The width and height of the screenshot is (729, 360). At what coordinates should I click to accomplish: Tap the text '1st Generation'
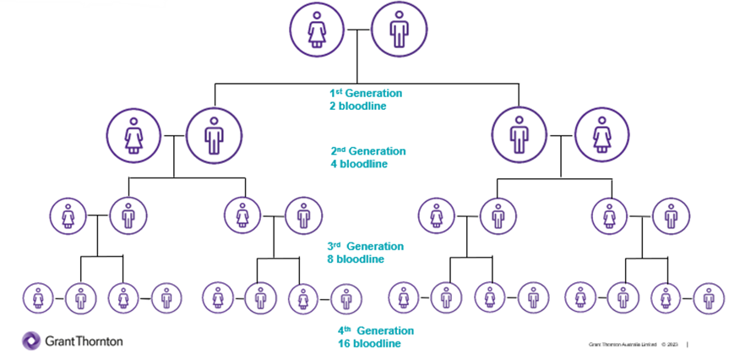pyautogui.click(x=366, y=93)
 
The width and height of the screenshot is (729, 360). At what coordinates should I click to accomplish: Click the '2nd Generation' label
pyautogui.click(x=368, y=151)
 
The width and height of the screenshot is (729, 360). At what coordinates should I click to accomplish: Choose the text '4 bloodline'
pyautogui.click(x=359, y=164)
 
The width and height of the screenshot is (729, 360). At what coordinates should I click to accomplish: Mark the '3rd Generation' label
pyautogui.click(x=366, y=247)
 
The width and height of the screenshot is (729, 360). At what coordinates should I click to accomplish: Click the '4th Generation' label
pyautogui.click(x=376, y=331)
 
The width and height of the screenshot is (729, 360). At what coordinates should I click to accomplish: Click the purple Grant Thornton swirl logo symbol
pyautogui.click(x=31, y=341)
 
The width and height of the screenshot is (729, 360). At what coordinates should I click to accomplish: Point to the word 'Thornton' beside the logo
pyautogui.click(x=97, y=341)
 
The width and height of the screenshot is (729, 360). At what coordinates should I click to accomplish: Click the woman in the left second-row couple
pyautogui.click(x=133, y=134)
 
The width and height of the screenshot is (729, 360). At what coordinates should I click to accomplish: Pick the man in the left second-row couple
pyautogui.click(x=214, y=134)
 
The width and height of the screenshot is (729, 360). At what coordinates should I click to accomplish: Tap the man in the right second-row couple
pyautogui.click(x=520, y=134)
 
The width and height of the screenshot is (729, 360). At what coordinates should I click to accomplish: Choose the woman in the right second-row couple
pyautogui.click(x=601, y=134)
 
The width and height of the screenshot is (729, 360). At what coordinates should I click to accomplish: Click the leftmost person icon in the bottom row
pyautogui.click(x=38, y=297)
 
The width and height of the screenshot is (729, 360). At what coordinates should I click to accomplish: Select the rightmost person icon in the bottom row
pyautogui.click(x=709, y=297)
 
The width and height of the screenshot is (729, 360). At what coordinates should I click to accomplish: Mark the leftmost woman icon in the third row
pyautogui.click(x=68, y=216)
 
